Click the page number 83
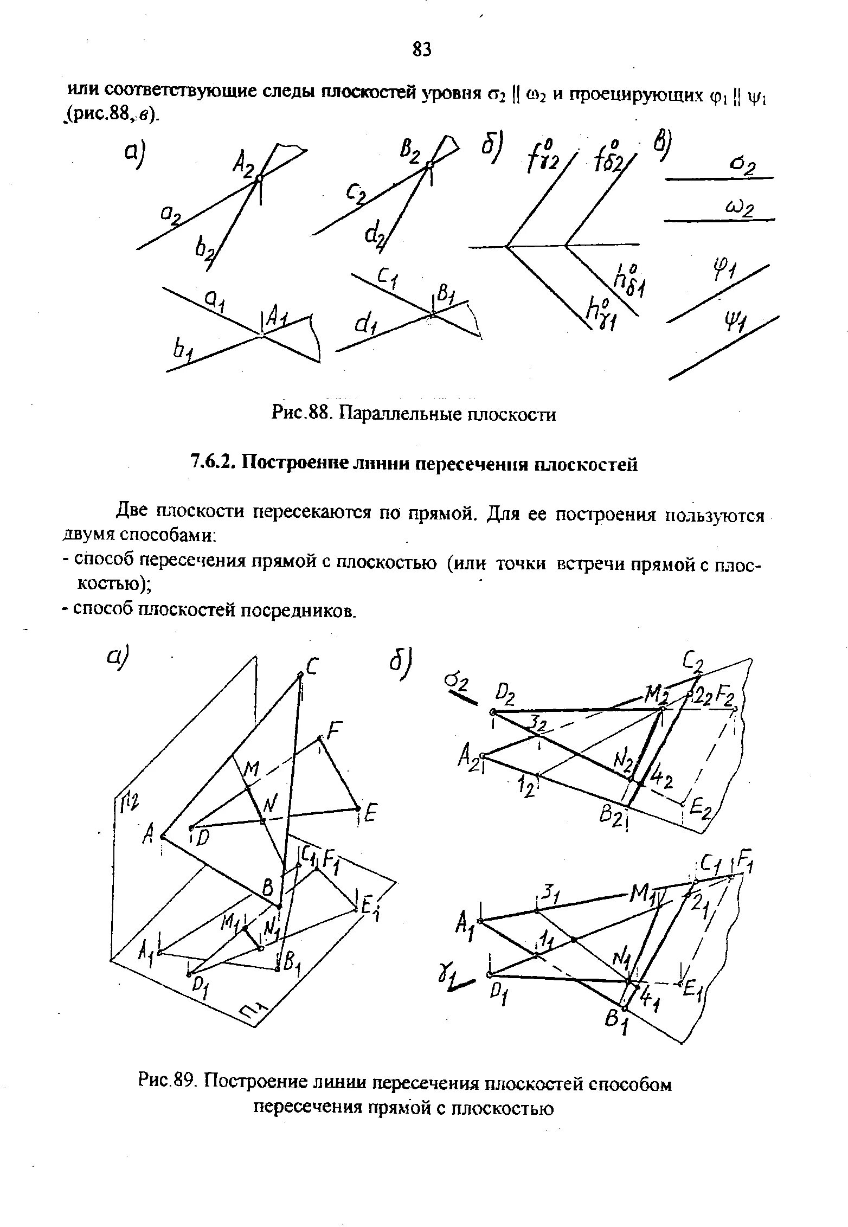pyautogui.click(x=422, y=50)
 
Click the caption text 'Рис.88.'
pyautogui.click(x=300, y=414)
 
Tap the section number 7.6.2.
pyautogui.click(x=213, y=464)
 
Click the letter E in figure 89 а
pyautogui.click(x=371, y=813)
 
